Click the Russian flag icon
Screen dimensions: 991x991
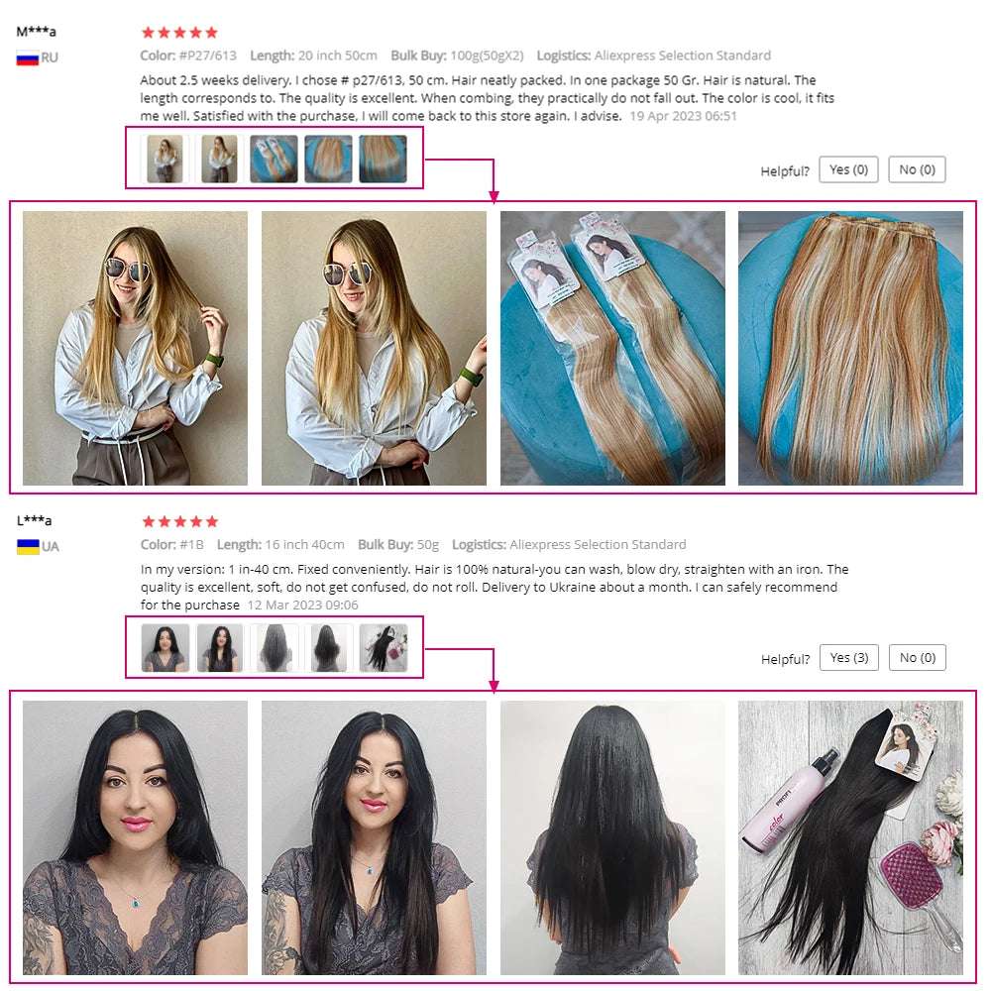click(27, 57)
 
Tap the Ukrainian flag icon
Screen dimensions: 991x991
click(27, 546)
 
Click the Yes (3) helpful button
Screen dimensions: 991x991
click(848, 658)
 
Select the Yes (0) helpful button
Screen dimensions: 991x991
click(848, 169)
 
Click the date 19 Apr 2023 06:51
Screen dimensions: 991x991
click(684, 116)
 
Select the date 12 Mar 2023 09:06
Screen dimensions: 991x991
click(302, 605)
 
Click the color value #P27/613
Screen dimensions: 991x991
click(208, 55)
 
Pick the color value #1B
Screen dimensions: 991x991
click(191, 544)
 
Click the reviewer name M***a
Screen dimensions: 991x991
click(37, 32)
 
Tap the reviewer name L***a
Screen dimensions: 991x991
click(35, 520)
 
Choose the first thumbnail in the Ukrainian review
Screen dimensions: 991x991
click(165, 648)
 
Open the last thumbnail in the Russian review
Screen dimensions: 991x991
click(383, 159)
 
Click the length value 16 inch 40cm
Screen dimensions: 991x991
click(305, 544)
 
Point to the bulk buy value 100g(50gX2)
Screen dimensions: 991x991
click(487, 55)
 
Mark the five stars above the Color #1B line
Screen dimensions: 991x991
click(179, 521)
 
